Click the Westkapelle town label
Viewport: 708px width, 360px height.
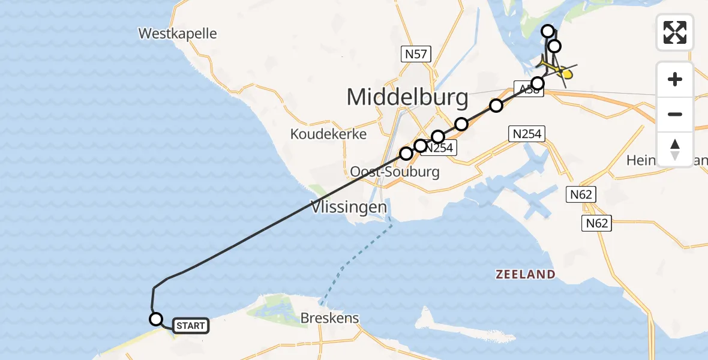[177, 33]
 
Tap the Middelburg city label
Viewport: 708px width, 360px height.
[407, 97]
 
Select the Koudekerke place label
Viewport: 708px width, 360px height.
[328, 134]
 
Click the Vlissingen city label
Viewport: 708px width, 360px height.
[349, 208]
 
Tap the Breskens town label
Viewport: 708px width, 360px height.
[331, 318]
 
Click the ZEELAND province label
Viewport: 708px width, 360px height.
[525, 274]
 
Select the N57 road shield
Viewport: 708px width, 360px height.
[416, 55]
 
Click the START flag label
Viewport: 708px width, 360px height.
[191, 326]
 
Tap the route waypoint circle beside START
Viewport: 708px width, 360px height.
[156, 319]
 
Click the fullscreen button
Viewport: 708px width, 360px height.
[675, 32]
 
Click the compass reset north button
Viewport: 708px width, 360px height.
[675, 149]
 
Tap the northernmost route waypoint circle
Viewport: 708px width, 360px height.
[548, 31]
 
